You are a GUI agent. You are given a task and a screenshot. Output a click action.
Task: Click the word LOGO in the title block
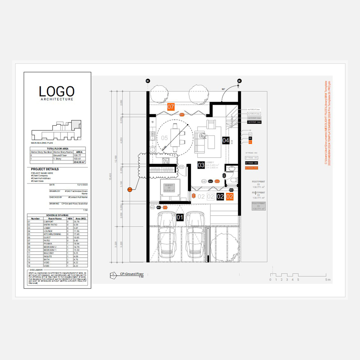tap(57, 91)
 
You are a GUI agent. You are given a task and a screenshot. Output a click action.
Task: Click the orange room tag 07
tap(171, 106)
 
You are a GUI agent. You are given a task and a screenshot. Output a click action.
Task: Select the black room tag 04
tap(226, 140)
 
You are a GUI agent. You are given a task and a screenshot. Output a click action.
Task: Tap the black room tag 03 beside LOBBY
tap(201, 165)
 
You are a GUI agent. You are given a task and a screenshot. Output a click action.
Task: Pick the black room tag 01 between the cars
tap(180, 217)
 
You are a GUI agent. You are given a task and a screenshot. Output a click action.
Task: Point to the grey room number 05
tap(164, 138)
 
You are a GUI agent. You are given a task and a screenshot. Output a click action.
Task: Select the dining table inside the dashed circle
tap(175, 138)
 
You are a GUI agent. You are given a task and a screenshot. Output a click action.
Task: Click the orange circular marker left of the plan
tap(130, 189)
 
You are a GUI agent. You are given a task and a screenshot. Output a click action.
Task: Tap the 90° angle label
tap(224, 89)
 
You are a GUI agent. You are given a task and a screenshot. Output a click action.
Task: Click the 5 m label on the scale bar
tap(327, 279)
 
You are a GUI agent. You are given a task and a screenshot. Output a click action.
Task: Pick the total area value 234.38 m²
tap(78, 162)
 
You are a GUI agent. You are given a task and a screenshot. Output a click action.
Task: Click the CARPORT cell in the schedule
tap(58, 221)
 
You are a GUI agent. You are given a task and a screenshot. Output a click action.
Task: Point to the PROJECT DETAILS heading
tap(45, 169)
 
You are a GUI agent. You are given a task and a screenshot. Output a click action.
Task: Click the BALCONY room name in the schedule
tap(58, 253)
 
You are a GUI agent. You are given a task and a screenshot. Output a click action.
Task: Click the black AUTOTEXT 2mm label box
tap(254, 122)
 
